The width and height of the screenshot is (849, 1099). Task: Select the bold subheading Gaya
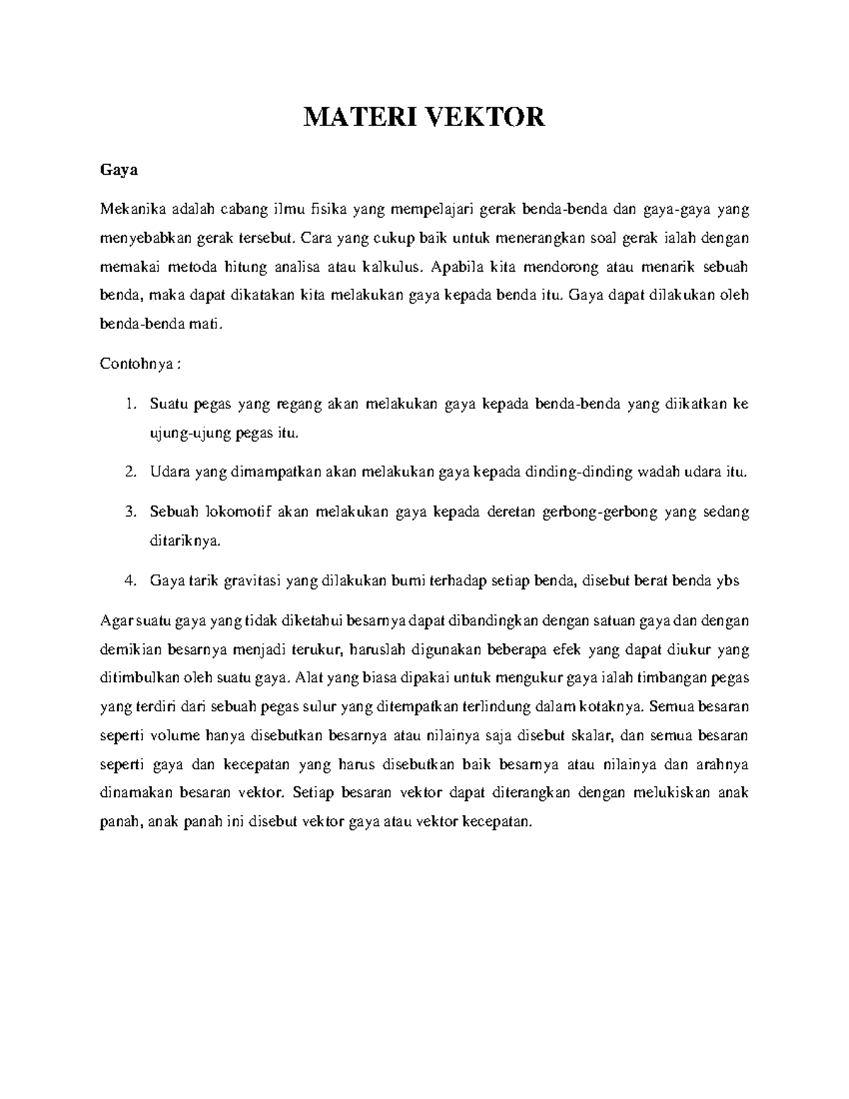(118, 171)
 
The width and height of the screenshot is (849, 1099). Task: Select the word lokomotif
(233, 512)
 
